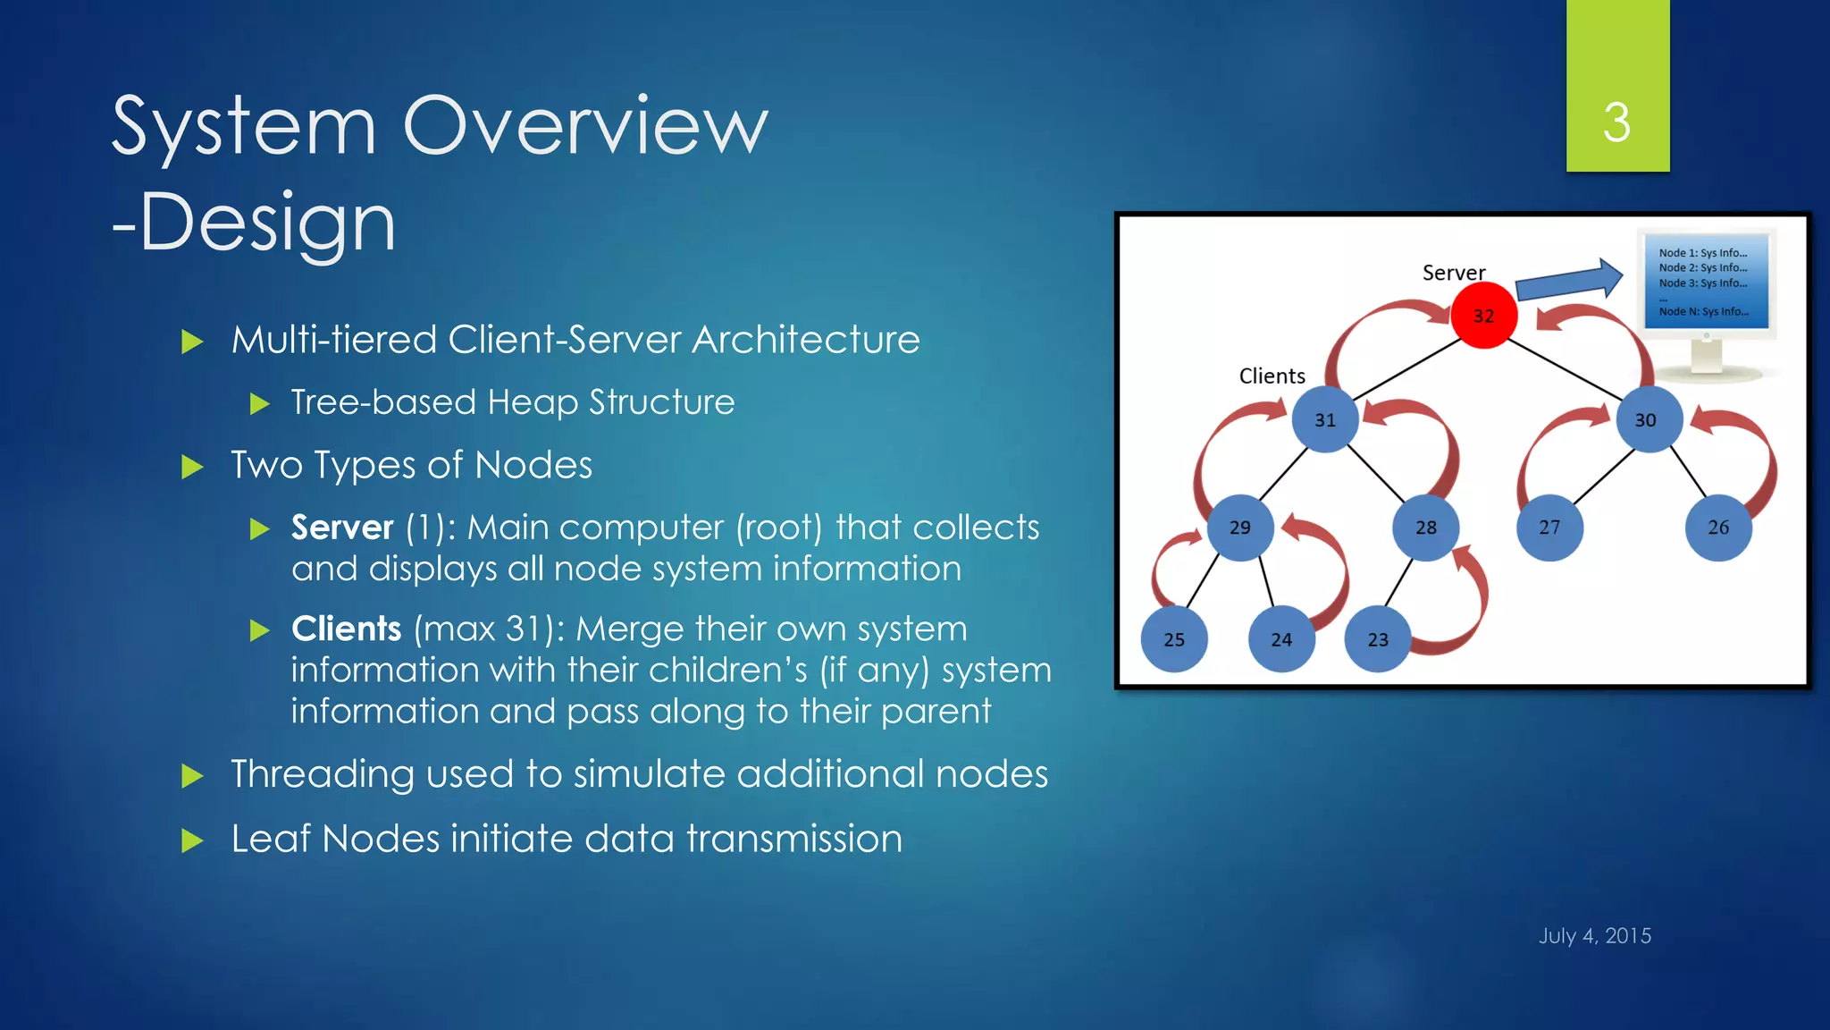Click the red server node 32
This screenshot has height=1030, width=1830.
[1483, 316]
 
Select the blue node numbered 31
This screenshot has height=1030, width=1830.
[1325, 419]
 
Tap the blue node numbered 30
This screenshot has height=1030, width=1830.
[1648, 419]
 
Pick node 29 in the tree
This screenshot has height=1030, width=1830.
[1240, 528]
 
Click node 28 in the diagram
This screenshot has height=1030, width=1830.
[1426, 528]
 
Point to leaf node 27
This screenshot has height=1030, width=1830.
[1549, 528]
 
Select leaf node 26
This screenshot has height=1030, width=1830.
[1717, 528]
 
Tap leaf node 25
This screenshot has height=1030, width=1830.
[1174, 639]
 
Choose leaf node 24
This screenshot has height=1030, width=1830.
[1281, 639]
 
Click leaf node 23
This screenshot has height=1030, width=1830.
[1378, 639]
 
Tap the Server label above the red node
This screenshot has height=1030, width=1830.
[1454, 273]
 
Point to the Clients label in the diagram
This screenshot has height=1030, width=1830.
[1272, 376]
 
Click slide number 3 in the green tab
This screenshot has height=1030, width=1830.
[1616, 122]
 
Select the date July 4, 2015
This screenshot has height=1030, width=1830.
[1594, 935]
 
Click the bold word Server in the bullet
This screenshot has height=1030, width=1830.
[342, 528]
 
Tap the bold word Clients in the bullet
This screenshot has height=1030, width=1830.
[347, 629]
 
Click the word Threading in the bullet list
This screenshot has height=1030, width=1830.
[322, 774]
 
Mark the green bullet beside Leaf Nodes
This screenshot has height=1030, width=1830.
[192, 840]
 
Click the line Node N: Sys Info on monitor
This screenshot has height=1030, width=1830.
[1703, 311]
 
